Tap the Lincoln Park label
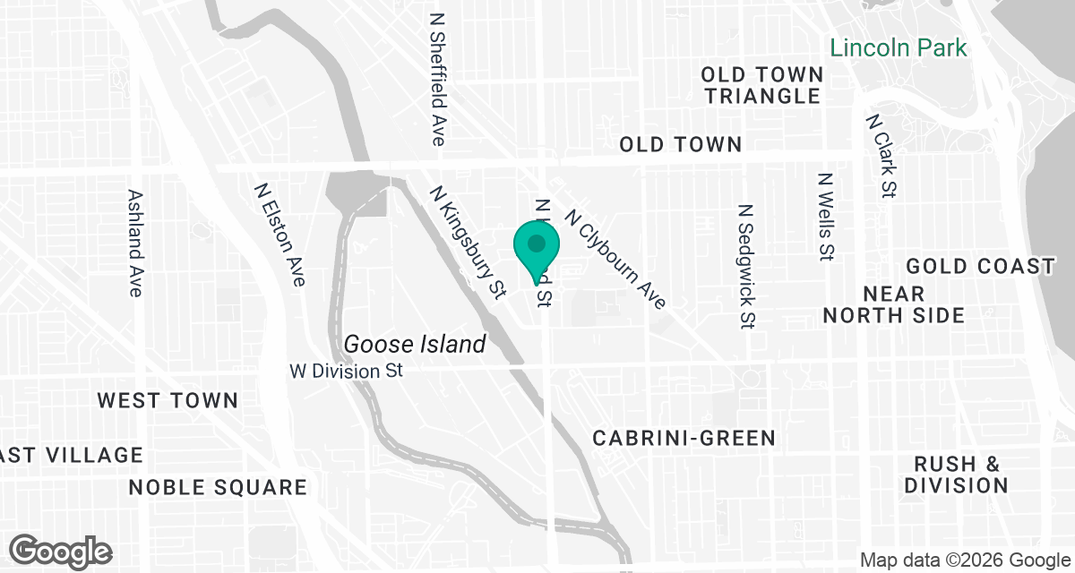[899, 47]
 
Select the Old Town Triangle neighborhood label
[761, 85]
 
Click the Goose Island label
[415, 344]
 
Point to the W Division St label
[347, 370]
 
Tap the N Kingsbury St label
[468, 242]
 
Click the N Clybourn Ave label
[615, 260]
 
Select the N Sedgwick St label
[746, 266]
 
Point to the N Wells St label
[826, 218]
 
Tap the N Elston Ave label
[279, 235]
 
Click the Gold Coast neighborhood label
[980, 267]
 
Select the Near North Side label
[894, 304]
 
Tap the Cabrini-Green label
[684, 438]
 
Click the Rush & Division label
[956, 475]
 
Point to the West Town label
[168, 400]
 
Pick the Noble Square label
[218, 487]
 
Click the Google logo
[61, 551]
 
